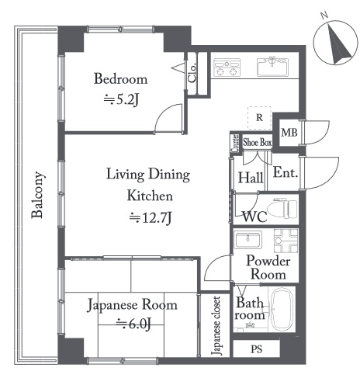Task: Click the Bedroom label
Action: [120, 79]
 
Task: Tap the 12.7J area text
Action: [151, 218]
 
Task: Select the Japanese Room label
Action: [132, 305]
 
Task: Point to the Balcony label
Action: [38, 195]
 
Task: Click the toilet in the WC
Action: [282, 209]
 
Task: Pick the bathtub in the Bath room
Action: [282, 309]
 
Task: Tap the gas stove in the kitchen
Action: [227, 68]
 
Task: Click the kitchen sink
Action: [272, 67]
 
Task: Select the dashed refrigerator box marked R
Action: [259, 118]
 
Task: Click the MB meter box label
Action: [289, 133]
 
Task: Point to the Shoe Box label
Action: [258, 142]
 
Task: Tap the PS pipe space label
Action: [257, 349]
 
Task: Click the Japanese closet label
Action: [216, 326]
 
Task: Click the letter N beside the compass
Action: [324, 15]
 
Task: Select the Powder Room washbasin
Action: [247, 240]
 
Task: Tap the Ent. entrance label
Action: [286, 172]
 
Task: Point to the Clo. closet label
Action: [192, 73]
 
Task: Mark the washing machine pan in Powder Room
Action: [286, 241]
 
